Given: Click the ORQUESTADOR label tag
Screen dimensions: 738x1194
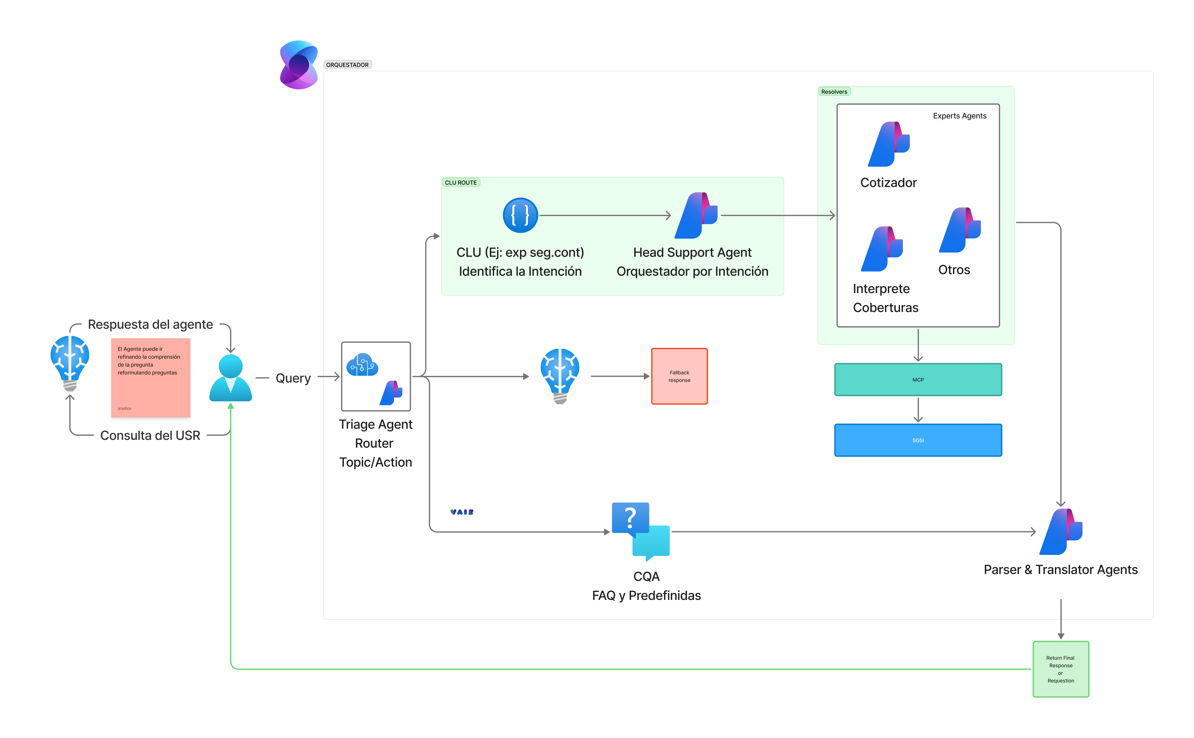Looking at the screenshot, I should click(347, 65).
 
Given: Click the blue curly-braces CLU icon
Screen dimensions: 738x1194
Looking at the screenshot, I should click(520, 215).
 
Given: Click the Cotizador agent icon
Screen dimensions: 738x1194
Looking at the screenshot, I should click(888, 144).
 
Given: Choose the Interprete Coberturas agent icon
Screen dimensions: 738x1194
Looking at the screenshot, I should click(882, 249).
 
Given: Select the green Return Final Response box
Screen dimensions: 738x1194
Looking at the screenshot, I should click(1061, 669).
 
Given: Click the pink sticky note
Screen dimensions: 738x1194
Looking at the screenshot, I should click(150, 380).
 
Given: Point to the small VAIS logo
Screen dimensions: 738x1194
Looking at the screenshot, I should click(462, 512).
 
